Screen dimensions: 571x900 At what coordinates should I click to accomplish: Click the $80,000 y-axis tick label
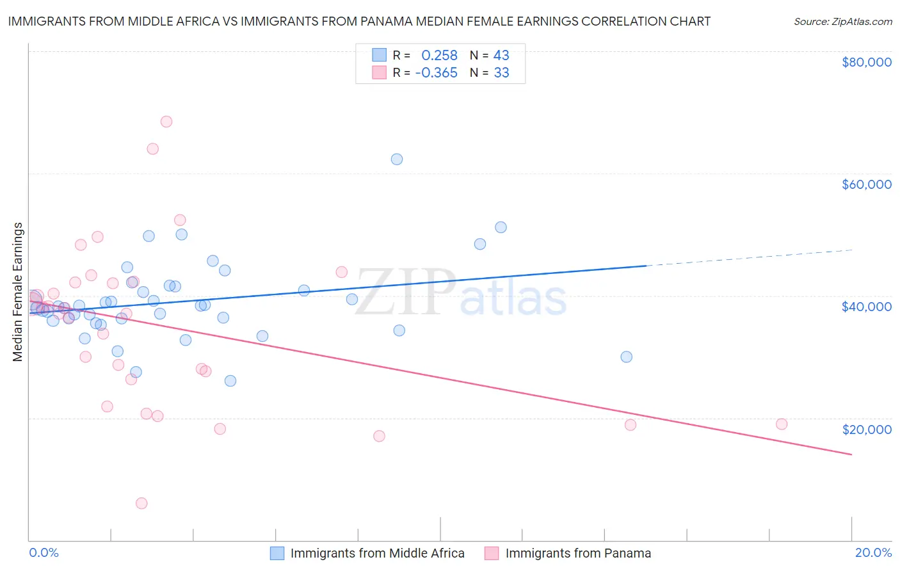point(867,62)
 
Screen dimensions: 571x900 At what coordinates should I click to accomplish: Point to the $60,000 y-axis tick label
point(867,184)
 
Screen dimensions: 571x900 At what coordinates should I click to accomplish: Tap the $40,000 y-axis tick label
point(867,307)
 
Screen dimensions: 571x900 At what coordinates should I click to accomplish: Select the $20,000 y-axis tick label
point(867,429)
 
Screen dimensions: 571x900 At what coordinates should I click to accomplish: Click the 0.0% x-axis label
point(44,552)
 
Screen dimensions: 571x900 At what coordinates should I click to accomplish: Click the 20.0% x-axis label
point(873,552)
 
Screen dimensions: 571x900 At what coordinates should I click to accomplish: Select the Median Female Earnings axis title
point(18,292)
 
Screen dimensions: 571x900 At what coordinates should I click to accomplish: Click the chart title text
point(359,21)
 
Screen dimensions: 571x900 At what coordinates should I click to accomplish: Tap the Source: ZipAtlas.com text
point(842,21)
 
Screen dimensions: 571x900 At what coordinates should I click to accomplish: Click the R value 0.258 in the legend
point(439,56)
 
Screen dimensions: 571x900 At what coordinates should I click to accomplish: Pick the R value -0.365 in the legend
point(436,73)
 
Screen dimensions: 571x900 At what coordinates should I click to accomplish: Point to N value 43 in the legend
point(501,56)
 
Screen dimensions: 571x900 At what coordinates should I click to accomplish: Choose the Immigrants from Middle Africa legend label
point(377,553)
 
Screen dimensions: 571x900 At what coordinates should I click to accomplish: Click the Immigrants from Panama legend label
point(578,553)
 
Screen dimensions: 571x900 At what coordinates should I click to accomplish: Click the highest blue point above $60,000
point(397,159)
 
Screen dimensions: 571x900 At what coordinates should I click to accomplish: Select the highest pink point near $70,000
point(166,122)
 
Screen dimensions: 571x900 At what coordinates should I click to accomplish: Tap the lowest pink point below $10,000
point(141,503)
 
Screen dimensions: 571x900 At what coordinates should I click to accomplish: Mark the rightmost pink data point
point(782,424)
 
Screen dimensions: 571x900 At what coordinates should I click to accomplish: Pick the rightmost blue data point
point(627,357)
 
